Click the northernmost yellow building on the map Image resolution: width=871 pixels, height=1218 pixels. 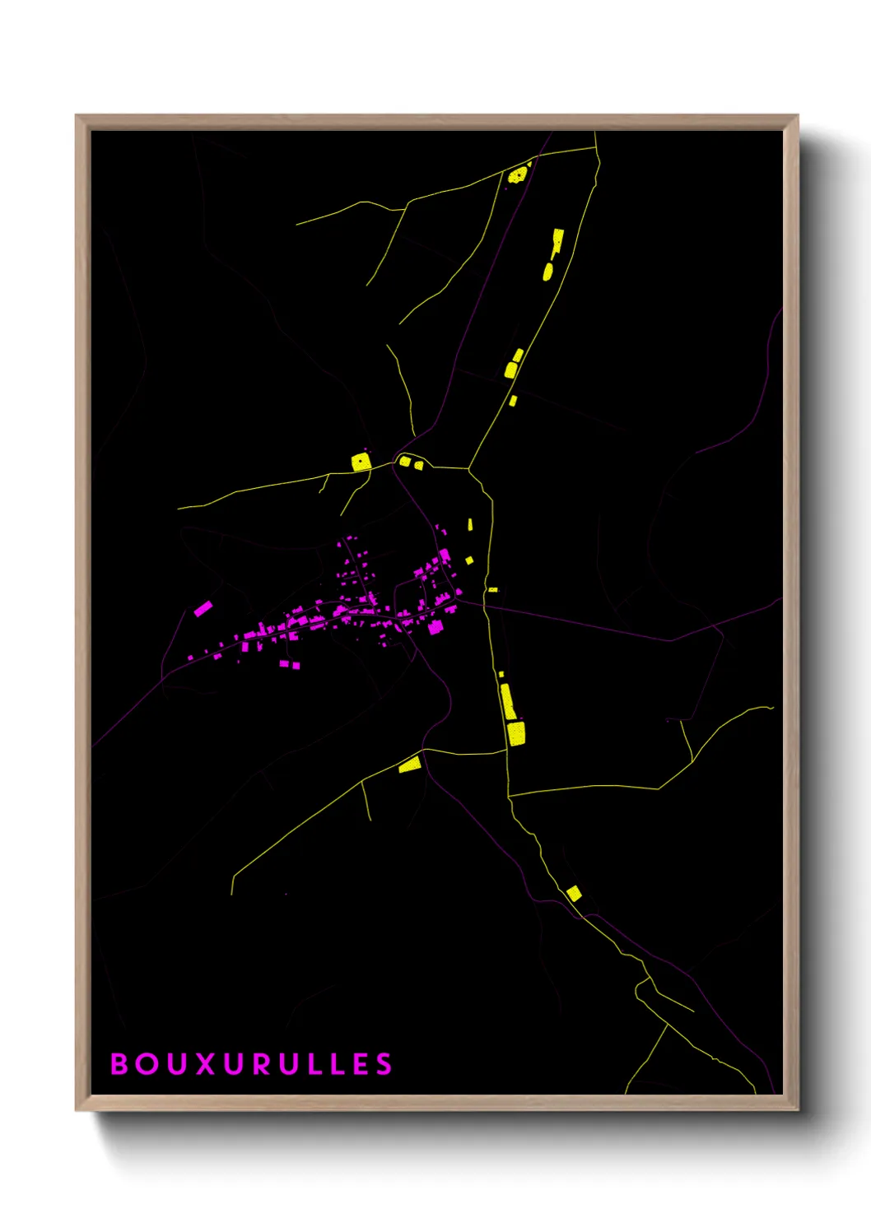pyautogui.click(x=518, y=174)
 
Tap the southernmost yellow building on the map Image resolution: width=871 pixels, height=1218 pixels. pyautogui.click(x=574, y=893)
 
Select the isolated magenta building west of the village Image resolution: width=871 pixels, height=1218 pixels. pyautogui.click(x=203, y=609)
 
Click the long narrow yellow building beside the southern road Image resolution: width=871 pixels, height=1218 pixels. pyautogui.click(x=508, y=702)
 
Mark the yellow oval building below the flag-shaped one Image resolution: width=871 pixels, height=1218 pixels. pyautogui.click(x=548, y=271)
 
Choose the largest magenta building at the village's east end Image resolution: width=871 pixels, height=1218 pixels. pyautogui.click(x=435, y=627)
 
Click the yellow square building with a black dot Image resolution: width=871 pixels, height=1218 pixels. pyautogui.click(x=361, y=462)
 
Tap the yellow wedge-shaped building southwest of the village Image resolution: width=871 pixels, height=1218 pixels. pyautogui.click(x=410, y=765)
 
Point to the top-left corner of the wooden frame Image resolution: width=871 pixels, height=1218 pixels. pyautogui.click(x=77, y=116)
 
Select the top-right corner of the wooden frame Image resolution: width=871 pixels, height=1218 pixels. pyautogui.click(x=797, y=116)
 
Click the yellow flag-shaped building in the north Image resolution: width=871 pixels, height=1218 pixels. pyautogui.click(x=557, y=241)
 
